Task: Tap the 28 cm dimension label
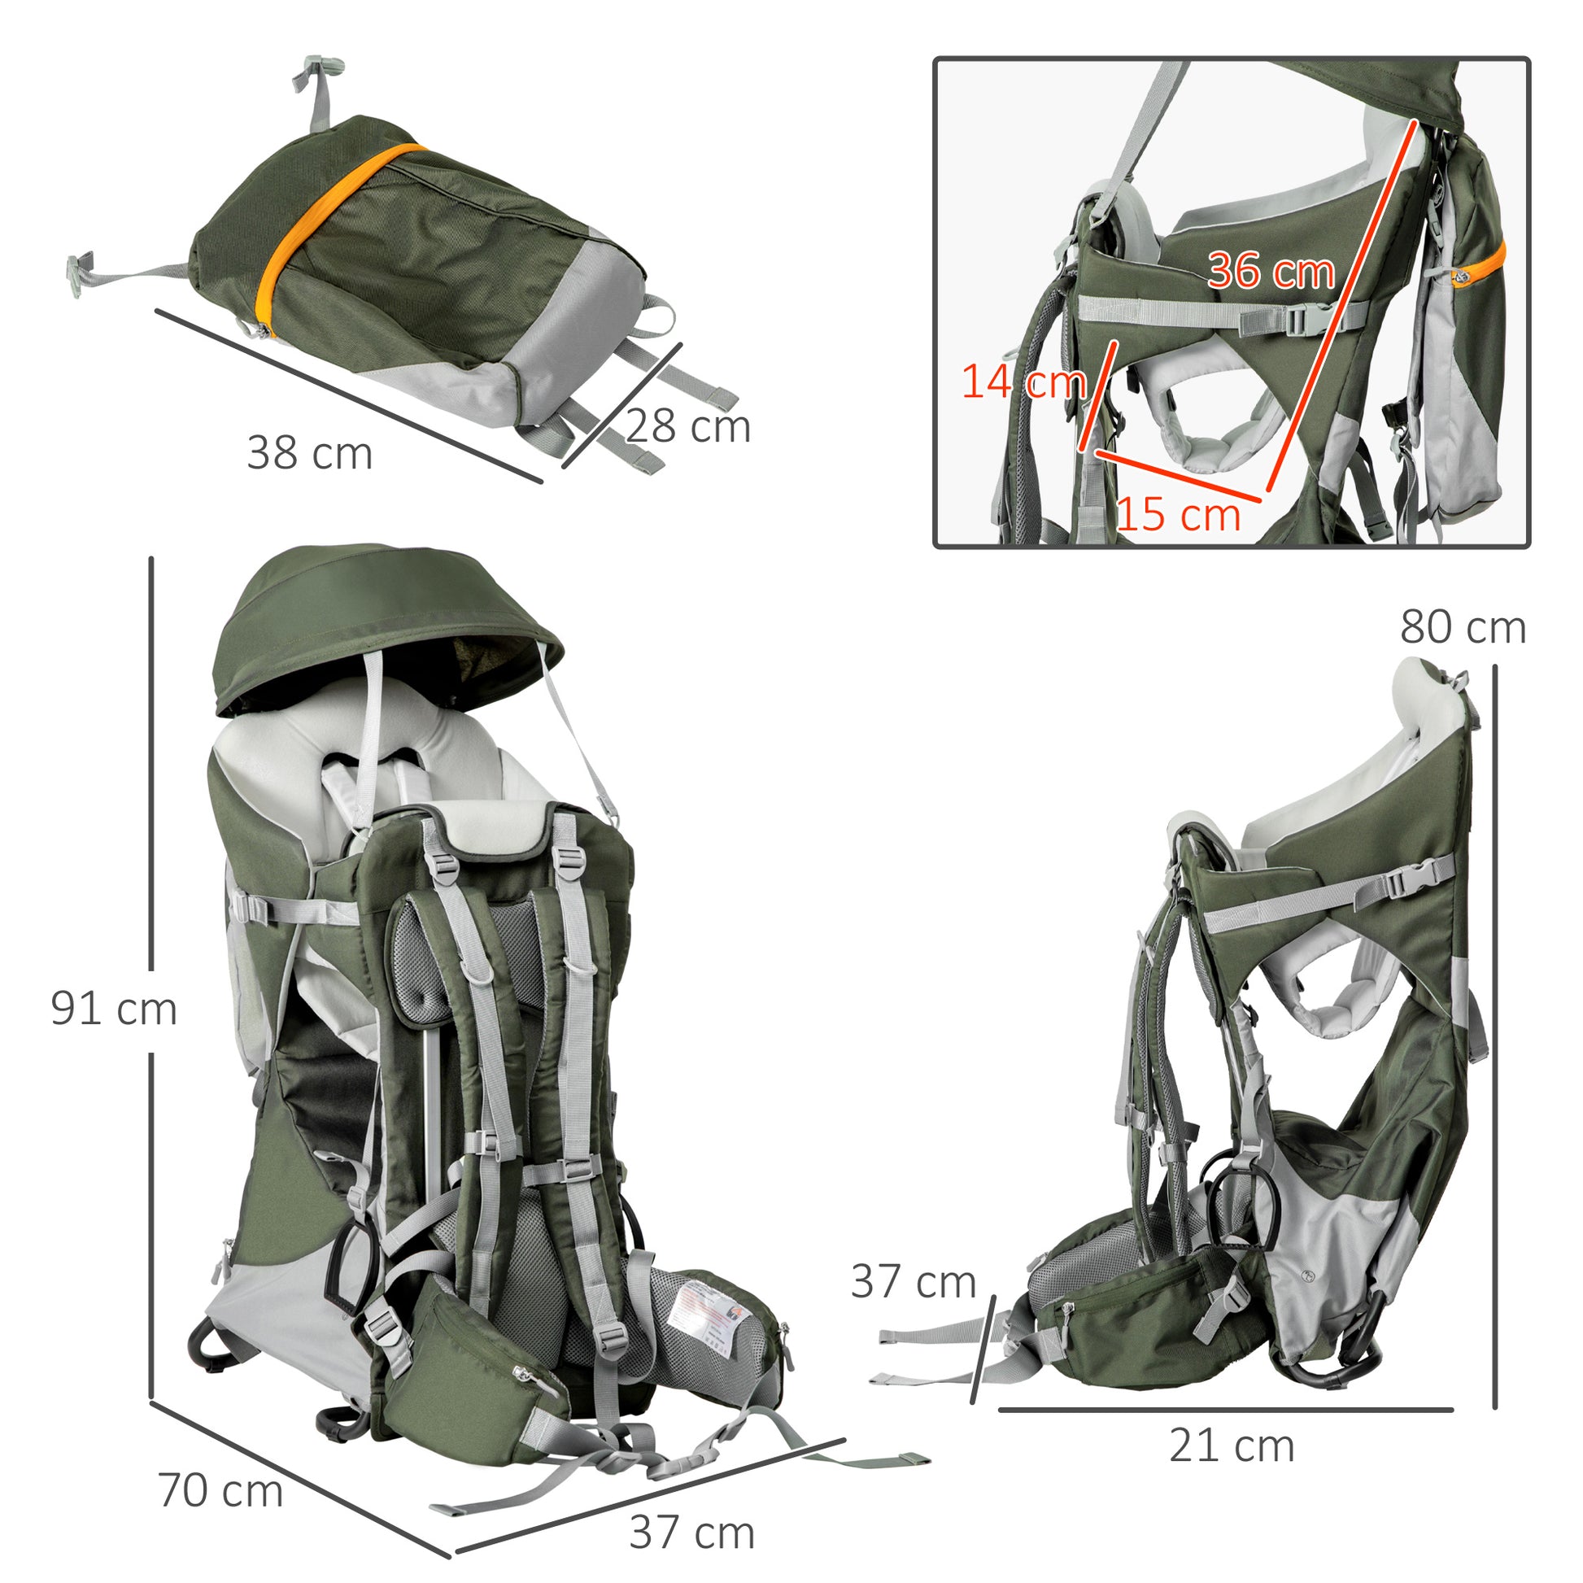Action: coord(688,426)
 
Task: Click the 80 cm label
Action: coord(1463,628)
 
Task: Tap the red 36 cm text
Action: coord(1271,270)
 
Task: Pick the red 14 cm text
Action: coord(1023,382)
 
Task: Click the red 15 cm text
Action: coord(1178,515)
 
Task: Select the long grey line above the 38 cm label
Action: coord(348,395)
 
